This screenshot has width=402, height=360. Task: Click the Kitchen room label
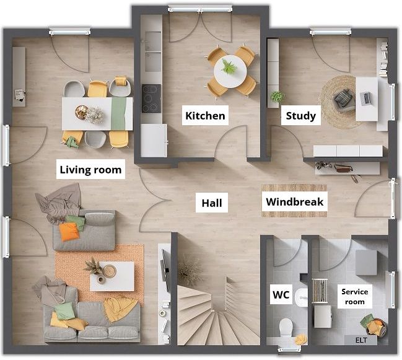205,115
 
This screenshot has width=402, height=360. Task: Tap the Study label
301,115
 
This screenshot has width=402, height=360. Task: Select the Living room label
90,169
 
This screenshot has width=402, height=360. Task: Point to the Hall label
212,203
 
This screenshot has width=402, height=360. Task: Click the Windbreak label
295,201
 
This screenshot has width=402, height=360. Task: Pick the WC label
281,294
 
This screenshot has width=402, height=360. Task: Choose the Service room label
354,296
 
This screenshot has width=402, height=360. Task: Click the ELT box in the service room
361,340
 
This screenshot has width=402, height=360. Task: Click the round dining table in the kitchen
230,72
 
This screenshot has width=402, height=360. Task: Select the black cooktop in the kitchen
152,99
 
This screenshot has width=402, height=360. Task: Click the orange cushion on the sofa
69,232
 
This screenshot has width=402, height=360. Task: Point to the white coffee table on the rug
112,276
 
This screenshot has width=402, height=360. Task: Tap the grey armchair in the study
344,100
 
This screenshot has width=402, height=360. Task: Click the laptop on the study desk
365,99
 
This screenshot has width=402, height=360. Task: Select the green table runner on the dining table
119,113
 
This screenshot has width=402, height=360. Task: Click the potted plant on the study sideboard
277,97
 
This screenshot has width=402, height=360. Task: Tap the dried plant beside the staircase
190,270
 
